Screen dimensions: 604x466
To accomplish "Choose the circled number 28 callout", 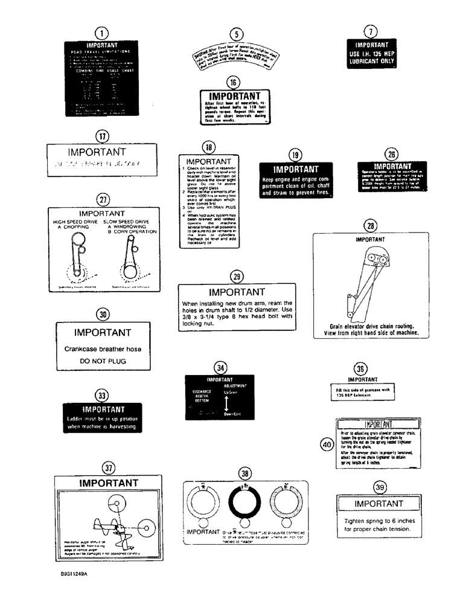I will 369,225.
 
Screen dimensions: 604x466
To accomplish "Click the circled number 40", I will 327,445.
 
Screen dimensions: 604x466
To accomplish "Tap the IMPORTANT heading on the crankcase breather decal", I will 102,333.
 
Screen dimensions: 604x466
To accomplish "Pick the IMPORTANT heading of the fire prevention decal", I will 296,170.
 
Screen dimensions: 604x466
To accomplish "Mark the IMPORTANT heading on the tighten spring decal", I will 378,504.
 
